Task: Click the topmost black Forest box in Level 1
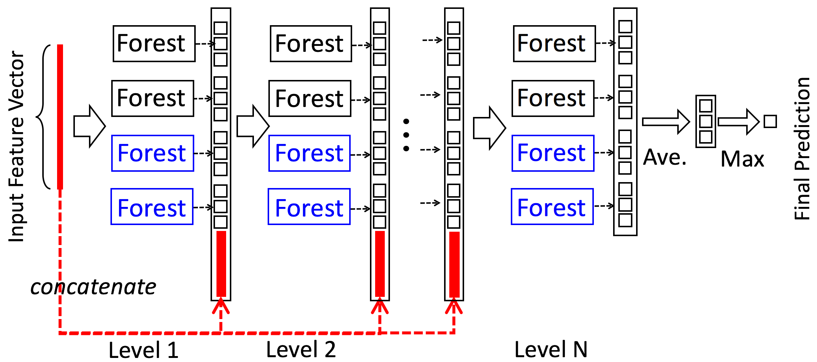point(154,44)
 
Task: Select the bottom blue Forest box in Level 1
point(152,207)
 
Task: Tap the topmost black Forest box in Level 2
point(311,44)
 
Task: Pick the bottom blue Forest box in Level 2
point(309,207)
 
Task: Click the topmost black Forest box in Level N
point(554,44)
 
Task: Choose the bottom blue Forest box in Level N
point(552,207)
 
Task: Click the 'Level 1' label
point(143,349)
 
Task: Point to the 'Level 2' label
point(301,349)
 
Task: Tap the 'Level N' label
point(551,349)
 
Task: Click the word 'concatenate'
point(93,287)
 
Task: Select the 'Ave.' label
point(665,158)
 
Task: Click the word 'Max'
point(742,159)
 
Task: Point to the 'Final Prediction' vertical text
point(801,148)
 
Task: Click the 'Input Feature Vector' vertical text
point(16,146)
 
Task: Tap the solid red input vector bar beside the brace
point(60,117)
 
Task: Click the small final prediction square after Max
point(770,121)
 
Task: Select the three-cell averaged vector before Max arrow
point(705,121)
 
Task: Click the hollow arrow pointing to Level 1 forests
point(89,126)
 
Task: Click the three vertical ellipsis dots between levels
point(406,135)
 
